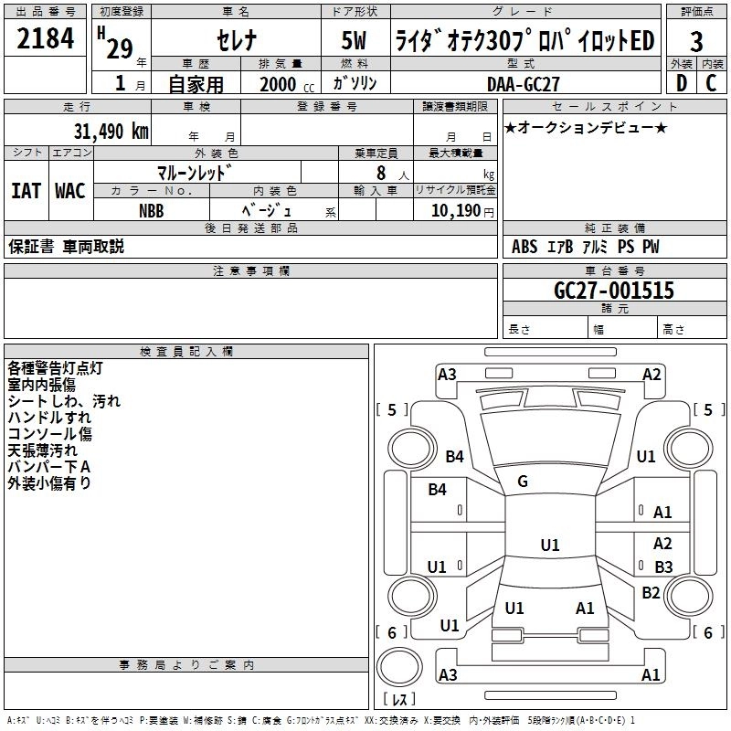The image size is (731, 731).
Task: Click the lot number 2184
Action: click(45, 38)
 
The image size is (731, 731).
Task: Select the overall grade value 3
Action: click(696, 42)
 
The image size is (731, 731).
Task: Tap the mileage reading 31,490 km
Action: click(111, 132)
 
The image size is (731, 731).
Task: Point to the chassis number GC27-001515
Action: click(614, 291)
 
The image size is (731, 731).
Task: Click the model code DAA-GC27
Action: click(523, 84)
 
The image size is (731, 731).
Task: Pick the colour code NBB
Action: click(151, 211)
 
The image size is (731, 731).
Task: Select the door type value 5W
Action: click(354, 40)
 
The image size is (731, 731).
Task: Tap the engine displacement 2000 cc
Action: click(287, 84)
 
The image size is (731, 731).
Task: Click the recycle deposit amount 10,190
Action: click(456, 211)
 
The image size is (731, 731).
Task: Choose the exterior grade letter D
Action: click(682, 83)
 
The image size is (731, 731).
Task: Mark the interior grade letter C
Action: click(712, 83)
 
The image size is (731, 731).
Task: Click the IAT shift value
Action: click(26, 191)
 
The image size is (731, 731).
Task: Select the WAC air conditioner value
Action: click(70, 191)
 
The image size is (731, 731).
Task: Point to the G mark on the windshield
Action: click(522, 482)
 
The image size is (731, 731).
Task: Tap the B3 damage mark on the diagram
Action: click(663, 567)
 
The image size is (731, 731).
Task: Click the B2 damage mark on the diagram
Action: click(651, 592)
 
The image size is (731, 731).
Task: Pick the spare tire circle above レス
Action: click(399, 667)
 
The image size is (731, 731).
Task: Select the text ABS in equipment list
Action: click(524, 247)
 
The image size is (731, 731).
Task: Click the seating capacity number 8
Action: click(381, 173)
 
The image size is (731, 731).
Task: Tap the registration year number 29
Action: click(120, 49)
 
